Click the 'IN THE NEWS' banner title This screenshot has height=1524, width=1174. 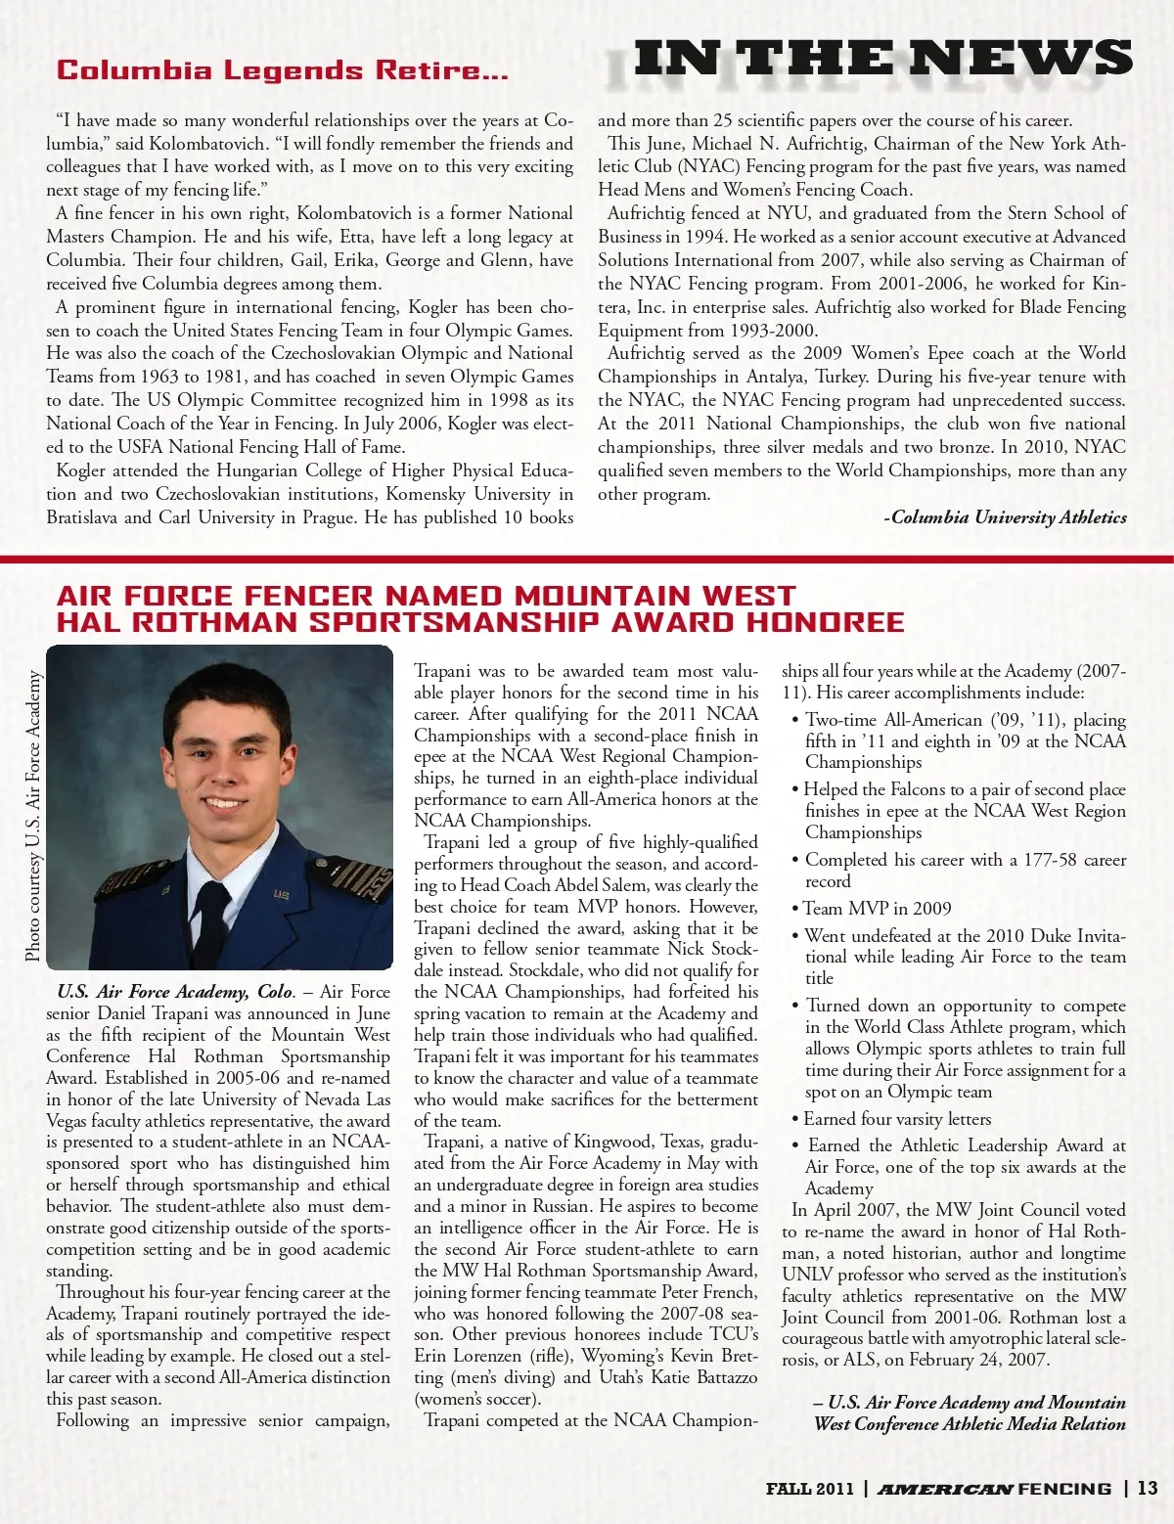[882, 60]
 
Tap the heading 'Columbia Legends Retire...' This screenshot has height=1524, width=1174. [282, 70]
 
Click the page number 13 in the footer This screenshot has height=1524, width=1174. [1147, 1489]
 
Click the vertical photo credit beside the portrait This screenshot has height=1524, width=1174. [33, 815]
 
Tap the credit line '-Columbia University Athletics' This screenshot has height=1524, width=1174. [1005, 517]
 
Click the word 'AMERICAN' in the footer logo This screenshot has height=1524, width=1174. [944, 1490]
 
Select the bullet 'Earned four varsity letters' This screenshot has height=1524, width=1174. [897, 1119]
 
